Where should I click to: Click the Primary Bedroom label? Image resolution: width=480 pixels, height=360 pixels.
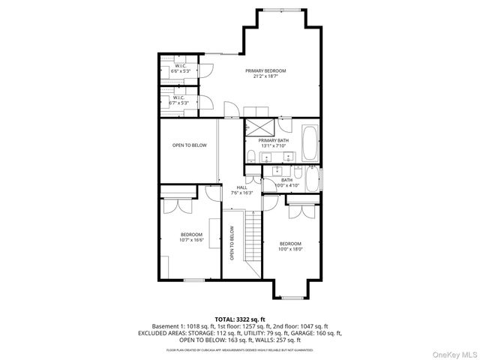270,73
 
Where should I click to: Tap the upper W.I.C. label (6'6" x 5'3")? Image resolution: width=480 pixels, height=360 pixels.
179,68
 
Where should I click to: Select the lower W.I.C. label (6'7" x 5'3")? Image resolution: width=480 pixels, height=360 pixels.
179,100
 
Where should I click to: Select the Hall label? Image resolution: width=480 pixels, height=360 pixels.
241,190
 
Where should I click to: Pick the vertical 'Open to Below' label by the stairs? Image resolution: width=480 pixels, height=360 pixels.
232,243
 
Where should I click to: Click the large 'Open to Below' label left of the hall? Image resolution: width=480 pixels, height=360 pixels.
189,145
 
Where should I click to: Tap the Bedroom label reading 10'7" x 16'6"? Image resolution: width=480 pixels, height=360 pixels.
191,237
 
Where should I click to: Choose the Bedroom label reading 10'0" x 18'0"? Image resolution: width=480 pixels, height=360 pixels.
290,246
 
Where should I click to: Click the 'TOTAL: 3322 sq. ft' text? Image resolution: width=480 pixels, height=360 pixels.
240,319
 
